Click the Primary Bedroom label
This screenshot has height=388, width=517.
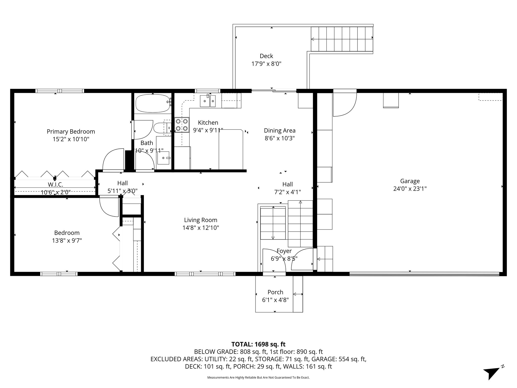71,132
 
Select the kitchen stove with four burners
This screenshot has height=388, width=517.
182,125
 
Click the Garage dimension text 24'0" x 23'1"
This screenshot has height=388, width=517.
410,189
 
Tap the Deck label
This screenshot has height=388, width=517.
266,56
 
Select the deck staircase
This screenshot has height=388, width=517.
342,39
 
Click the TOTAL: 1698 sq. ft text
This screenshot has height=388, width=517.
258,344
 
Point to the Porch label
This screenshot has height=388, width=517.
275,292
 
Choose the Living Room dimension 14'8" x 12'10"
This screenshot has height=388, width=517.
200,228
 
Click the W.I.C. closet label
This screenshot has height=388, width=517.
55,184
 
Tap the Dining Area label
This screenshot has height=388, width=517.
279,131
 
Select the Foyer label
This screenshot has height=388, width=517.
284,251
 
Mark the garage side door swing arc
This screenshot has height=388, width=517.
344,106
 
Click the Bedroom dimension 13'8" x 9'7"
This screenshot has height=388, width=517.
67,240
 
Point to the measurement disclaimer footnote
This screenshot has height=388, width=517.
258,378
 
